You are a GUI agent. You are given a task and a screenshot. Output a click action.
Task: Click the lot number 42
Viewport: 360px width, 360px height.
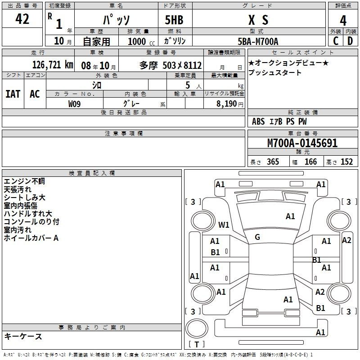(22, 19)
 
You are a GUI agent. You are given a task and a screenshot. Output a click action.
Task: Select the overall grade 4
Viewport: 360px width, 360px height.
(343, 21)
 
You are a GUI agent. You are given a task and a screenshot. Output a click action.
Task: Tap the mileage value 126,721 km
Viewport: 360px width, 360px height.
(53, 65)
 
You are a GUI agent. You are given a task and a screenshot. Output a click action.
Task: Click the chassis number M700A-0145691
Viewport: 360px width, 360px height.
(302, 143)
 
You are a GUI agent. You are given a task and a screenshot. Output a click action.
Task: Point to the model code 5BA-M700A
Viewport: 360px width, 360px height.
(258, 41)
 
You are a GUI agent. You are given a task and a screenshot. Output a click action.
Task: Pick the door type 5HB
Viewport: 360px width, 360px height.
(174, 20)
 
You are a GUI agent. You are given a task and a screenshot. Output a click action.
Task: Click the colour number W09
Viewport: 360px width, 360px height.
(74, 104)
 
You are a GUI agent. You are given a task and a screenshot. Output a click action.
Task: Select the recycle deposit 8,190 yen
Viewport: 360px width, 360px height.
(230, 104)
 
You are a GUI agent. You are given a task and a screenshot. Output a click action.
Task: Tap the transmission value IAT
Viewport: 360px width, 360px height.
(13, 94)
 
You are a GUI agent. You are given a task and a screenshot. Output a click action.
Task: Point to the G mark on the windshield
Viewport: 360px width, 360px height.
(257, 237)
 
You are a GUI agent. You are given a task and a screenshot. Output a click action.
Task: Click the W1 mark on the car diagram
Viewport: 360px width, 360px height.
(224, 225)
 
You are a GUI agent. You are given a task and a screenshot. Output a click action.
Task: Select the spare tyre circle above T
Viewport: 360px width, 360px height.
(197, 328)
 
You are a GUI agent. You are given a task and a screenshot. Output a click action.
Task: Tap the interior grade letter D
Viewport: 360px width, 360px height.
(350, 41)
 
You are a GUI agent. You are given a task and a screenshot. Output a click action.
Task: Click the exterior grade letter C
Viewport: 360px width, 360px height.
(336, 41)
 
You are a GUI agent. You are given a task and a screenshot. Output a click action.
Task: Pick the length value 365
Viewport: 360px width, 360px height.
(273, 162)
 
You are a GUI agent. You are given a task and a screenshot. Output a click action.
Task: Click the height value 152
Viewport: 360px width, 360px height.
(346, 162)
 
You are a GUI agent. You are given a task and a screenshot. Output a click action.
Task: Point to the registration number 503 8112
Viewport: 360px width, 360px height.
(182, 65)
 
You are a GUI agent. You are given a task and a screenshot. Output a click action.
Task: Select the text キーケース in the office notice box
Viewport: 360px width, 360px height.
(23, 336)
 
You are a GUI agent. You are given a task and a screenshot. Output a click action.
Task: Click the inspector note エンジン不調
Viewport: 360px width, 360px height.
(24, 181)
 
